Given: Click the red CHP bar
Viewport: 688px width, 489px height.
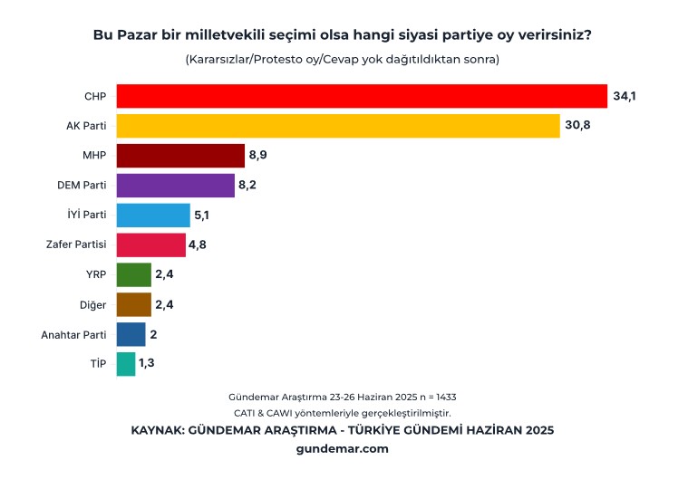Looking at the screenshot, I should tap(362, 96).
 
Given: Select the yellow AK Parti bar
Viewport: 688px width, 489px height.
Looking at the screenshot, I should tap(338, 126).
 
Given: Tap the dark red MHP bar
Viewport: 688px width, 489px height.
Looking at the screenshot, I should tap(180, 156).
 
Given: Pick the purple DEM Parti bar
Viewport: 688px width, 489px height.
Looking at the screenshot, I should tap(176, 186).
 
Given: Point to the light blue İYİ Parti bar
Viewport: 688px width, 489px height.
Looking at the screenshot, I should tap(153, 216).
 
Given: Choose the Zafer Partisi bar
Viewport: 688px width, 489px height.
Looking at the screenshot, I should tap(151, 244).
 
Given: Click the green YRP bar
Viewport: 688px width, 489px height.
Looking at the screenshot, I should tap(134, 274).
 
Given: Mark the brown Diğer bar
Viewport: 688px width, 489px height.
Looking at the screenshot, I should tap(134, 304).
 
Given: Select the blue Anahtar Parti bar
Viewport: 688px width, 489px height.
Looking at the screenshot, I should tap(131, 334).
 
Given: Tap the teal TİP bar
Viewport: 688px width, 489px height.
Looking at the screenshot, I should tap(126, 364).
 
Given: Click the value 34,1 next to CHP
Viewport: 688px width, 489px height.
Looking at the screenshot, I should tap(625, 96).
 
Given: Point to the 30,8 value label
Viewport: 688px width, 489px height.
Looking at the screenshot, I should tap(577, 126).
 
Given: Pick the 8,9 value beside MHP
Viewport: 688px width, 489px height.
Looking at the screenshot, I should tap(257, 156).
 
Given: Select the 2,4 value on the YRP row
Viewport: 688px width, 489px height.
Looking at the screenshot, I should tap(163, 274).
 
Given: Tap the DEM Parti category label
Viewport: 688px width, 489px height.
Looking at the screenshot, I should tap(82, 186).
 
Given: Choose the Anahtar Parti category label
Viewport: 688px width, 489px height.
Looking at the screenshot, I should tap(74, 334).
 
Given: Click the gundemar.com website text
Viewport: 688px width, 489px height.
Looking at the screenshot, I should tap(343, 447).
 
